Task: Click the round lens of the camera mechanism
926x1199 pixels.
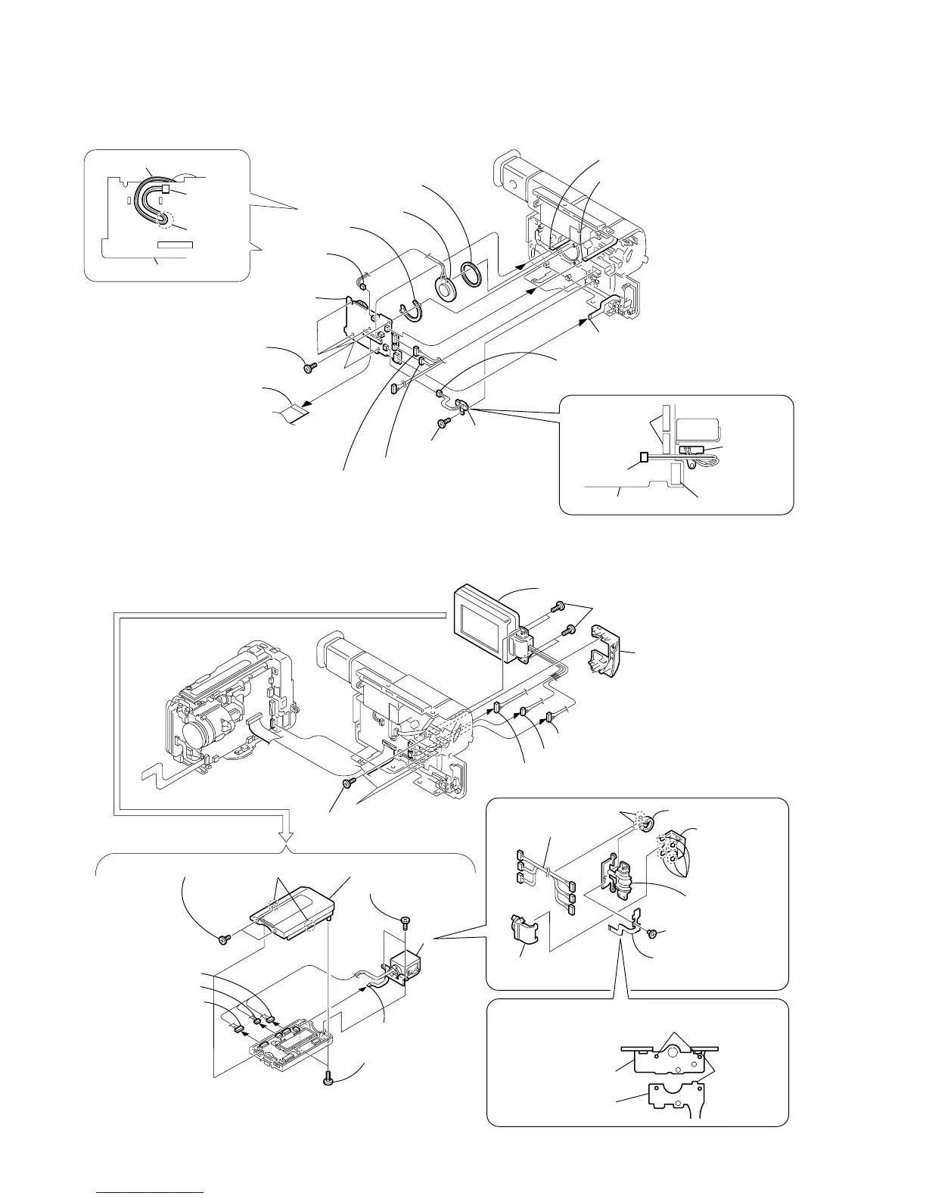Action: (x=198, y=726)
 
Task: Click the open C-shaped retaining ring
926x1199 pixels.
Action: (x=414, y=309)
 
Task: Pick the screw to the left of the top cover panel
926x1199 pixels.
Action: (x=224, y=939)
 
